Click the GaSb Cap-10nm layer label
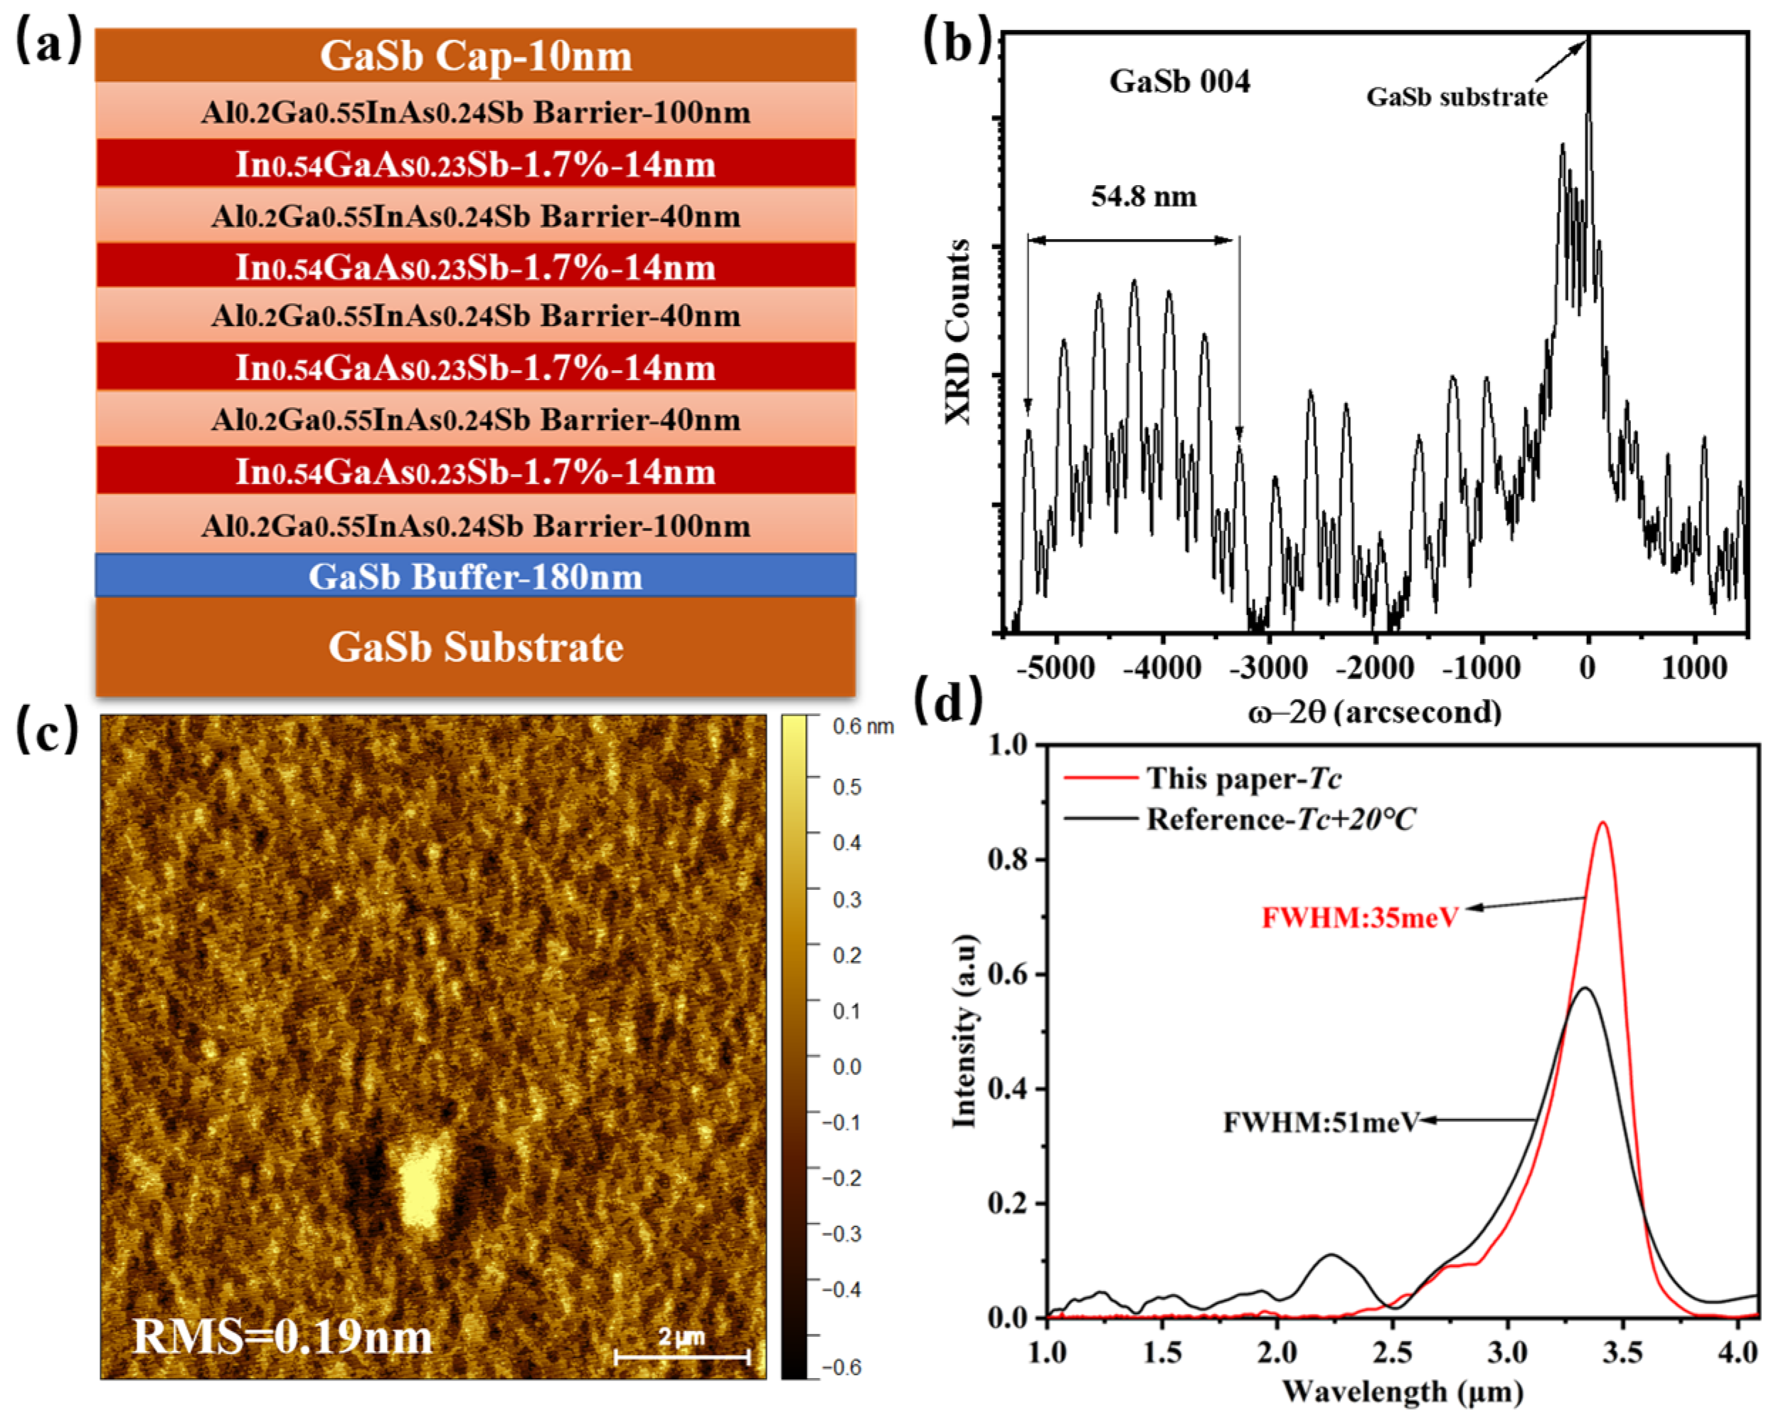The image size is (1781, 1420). pyautogui.click(x=475, y=56)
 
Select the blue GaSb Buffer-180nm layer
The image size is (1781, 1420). pyautogui.click(x=475, y=576)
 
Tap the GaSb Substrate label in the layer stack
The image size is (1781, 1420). pyautogui.click(x=475, y=646)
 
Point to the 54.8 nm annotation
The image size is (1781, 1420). pyautogui.click(x=1143, y=196)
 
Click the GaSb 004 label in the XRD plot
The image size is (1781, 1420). pyautogui.click(x=1179, y=81)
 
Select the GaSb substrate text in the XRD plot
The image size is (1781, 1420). pyautogui.click(x=1457, y=97)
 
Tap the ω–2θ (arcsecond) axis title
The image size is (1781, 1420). pyautogui.click(x=1375, y=712)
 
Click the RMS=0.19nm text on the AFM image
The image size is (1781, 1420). pyautogui.click(x=282, y=1337)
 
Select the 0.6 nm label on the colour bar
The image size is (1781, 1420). pyautogui.click(x=863, y=727)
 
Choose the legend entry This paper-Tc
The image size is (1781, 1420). pyautogui.click(x=1243, y=778)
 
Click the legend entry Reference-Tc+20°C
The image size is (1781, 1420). pyautogui.click(x=1280, y=819)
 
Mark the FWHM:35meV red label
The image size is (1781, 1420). pyautogui.click(x=1360, y=917)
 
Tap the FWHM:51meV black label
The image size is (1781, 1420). pyautogui.click(x=1320, y=1122)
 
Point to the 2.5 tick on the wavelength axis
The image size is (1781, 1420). pyautogui.click(x=1392, y=1352)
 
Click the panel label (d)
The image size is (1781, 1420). pyautogui.click(x=948, y=702)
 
